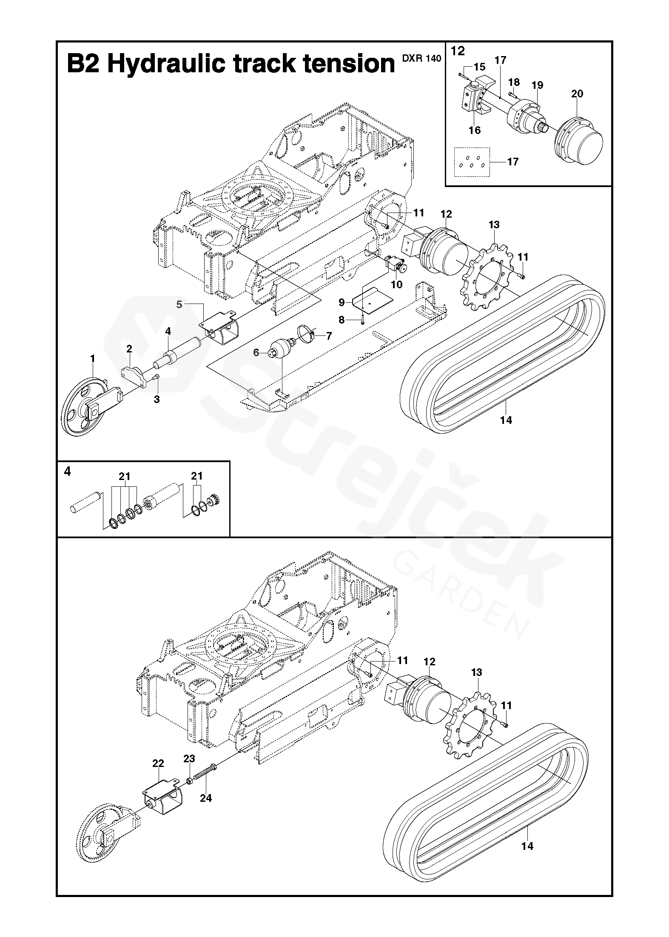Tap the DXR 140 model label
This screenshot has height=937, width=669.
point(421,59)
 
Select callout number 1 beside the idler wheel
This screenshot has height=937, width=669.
point(93,359)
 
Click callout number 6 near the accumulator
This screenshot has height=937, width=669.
point(256,352)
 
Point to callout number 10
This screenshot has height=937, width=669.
point(396,284)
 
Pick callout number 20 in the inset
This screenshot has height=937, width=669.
point(577,94)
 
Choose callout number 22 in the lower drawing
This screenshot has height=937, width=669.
point(158,764)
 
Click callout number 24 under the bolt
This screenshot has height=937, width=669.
point(206,798)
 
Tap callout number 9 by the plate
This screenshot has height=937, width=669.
point(342,302)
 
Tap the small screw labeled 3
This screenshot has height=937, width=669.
point(157,377)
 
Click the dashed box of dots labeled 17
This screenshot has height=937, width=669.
point(472,162)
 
